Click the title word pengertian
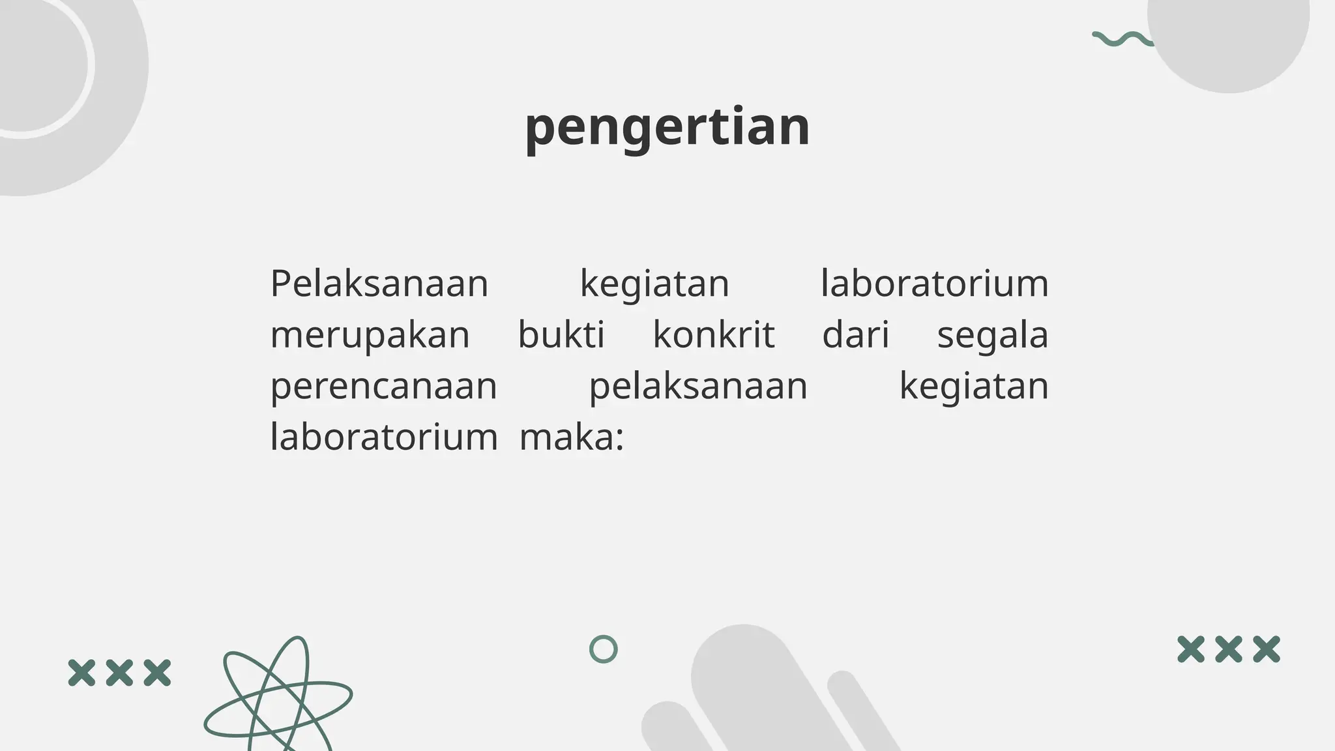(x=667, y=126)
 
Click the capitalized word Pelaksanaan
(x=379, y=284)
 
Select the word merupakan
(x=370, y=336)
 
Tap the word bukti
(x=561, y=335)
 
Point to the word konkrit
(x=714, y=335)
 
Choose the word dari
(x=855, y=335)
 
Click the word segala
(x=992, y=336)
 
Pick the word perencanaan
(x=383, y=387)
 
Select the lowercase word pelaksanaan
(x=698, y=387)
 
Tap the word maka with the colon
(x=572, y=437)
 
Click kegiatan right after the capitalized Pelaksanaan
(x=654, y=285)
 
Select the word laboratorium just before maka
(x=383, y=437)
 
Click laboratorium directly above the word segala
(x=934, y=284)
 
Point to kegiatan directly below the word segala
(x=974, y=387)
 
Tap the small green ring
(x=603, y=649)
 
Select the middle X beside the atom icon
(x=119, y=673)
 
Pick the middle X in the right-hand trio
(x=1229, y=649)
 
